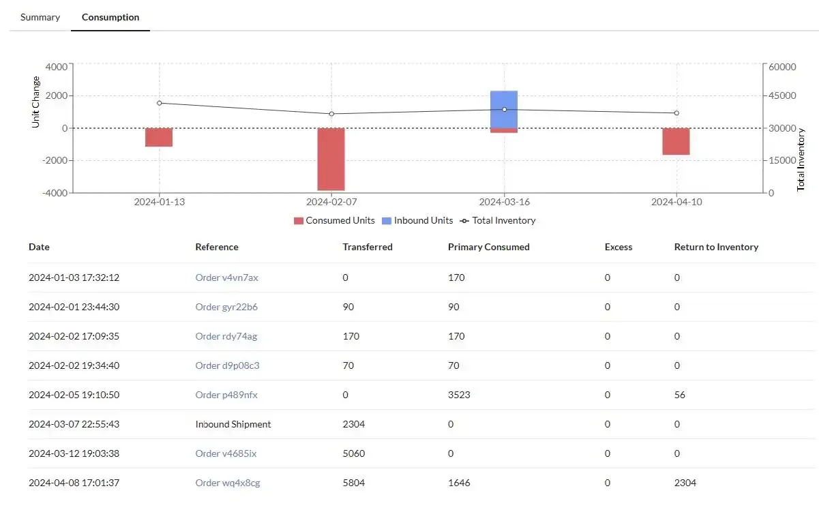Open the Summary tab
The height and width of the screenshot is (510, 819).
pos(40,17)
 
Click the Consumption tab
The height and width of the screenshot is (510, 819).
pos(110,17)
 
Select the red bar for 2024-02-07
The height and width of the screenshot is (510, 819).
pos(331,159)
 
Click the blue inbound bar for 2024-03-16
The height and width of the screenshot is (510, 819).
pos(504,109)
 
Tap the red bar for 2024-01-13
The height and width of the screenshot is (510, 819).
pos(159,137)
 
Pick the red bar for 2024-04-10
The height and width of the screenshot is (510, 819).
pos(676,141)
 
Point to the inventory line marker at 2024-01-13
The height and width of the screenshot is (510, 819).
pos(159,103)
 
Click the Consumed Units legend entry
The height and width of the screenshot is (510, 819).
pos(334,220)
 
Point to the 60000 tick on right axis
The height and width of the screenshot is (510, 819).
pos(782,67)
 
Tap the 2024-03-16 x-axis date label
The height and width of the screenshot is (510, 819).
pos(504,202)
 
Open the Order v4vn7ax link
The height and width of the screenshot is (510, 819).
pos(226,277)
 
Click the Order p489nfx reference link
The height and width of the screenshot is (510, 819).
pos(226,395)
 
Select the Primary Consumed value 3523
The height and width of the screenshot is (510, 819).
pos(459,395)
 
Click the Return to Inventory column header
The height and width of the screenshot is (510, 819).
pos(716,247)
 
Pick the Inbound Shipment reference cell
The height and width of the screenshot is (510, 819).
pos(233,424)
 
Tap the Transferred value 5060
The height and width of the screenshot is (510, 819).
pos(354,453)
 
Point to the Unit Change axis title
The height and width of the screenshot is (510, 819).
pos(36,102)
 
